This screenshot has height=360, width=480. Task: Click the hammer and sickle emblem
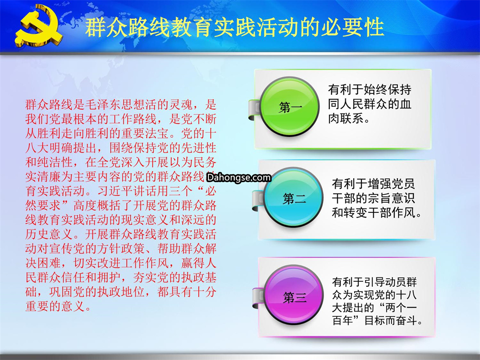(x=39, y=27)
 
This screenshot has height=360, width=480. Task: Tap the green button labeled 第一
(x=289, y=107)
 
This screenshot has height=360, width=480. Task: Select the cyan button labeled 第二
(x=293, y=197)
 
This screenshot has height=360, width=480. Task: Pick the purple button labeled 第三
(x=294, y=295)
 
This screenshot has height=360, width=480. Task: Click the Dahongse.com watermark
(x=239, y=177)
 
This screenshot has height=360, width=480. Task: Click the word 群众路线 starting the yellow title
(x=127, y=27)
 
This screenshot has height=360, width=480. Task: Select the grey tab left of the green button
(x=254, y=110)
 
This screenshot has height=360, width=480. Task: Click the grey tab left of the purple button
(x=258, y=298)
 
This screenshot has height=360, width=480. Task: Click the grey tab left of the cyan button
(x=258, y=200)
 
